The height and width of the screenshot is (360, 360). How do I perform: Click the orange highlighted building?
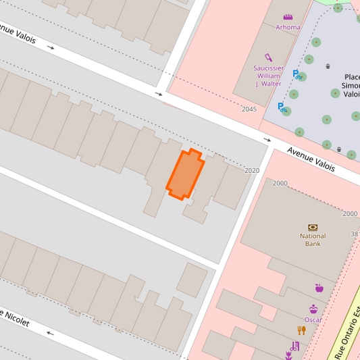(185, 174)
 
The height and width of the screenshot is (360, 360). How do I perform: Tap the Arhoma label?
(288, 27)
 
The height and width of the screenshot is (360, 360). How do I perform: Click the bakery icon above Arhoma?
(288, 17)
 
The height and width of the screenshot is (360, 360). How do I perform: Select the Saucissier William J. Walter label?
(267, 76)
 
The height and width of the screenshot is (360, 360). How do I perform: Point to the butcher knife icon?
(268, 57)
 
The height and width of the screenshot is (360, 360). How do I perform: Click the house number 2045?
(249, 109)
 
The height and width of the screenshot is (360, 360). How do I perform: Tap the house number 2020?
(252, 171)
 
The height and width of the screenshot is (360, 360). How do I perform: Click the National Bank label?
(313, 240)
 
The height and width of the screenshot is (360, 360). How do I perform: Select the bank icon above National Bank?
(313, 227)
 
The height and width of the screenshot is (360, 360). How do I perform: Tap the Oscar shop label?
(313, 319)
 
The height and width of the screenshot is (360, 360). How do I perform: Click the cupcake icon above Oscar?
(313, 309)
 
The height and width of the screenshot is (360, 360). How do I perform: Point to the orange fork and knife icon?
(302, 330)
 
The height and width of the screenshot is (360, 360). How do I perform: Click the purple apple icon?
(319, 288)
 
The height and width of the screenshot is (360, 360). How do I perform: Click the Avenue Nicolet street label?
(15, 319)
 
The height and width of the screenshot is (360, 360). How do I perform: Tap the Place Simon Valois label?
(351, 86)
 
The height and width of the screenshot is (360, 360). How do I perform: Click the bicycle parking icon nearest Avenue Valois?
(282, 107)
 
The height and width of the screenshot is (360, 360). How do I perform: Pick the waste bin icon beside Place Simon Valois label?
(328, 66)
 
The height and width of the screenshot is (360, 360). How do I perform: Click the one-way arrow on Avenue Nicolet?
(49, 332)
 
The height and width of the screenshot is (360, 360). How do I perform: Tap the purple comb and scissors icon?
(293, 347)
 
